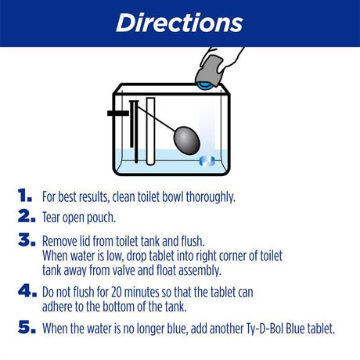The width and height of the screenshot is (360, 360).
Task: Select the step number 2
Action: pyautogui.click(x=25, y=216)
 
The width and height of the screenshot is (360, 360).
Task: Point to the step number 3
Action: pyautogui.click(x=25, y=240)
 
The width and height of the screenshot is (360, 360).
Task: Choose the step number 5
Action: pyautogui.click(x=25, y=327)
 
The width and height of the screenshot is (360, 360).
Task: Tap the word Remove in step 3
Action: pyautogui.click(x=61, y=241)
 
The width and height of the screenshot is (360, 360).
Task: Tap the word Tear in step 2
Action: pyautogui.click(x=53, y=217)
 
